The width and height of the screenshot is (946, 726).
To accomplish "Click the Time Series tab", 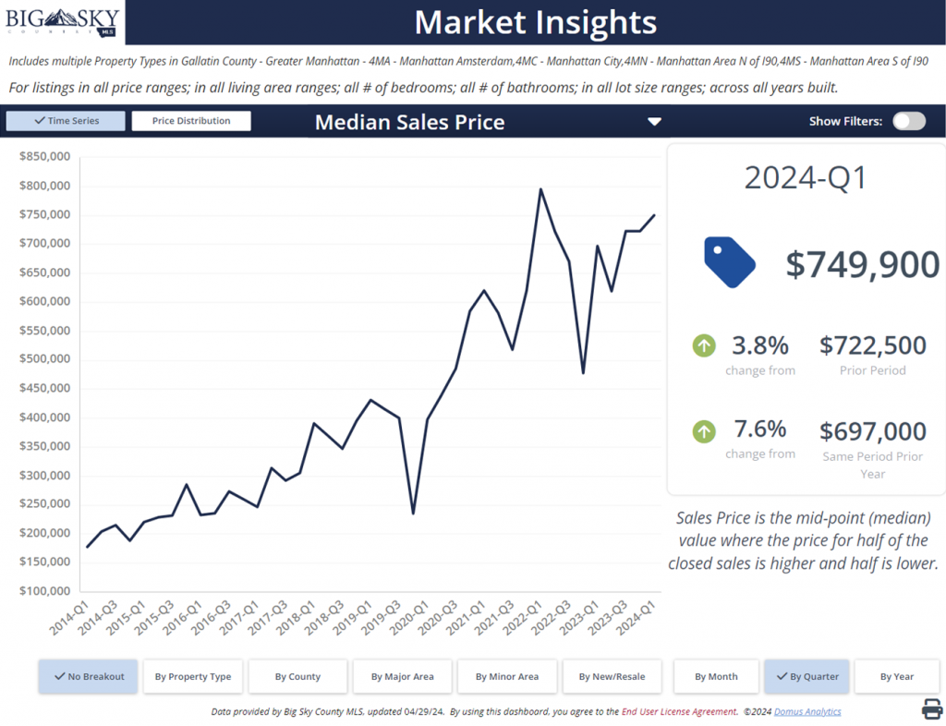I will [x=65, y=121].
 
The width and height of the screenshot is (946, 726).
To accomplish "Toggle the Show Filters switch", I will [x=908, y=121].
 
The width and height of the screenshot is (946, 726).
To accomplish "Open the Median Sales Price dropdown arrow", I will [x=654, y=122].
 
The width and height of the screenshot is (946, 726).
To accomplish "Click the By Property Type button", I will [x=193, y=676].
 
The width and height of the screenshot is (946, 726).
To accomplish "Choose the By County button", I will [x=297, y=676].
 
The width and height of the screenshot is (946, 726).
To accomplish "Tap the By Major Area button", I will [x=402, y=676].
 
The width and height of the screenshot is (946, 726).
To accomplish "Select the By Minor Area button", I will [x=507, y=676].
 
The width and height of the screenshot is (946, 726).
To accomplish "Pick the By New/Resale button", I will [x=612, y=676].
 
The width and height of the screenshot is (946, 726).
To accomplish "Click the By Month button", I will [x=716, y=676].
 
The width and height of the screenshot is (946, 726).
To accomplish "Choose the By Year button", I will [x=897, y=676].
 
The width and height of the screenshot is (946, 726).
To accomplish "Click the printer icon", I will [x=932, y=708].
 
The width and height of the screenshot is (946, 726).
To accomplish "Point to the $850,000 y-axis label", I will [x=44, y=157].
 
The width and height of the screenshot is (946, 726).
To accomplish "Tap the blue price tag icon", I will [x=729, y=261].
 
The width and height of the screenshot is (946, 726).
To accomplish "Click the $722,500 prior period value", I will [x=872, y=345].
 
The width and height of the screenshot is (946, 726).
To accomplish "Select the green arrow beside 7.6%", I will [x=704, y=431].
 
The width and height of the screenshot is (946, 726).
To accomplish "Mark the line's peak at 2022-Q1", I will [x=540, y=189].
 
